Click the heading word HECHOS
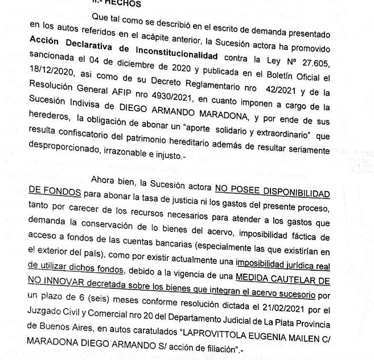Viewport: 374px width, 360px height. [x=122, y=3]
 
